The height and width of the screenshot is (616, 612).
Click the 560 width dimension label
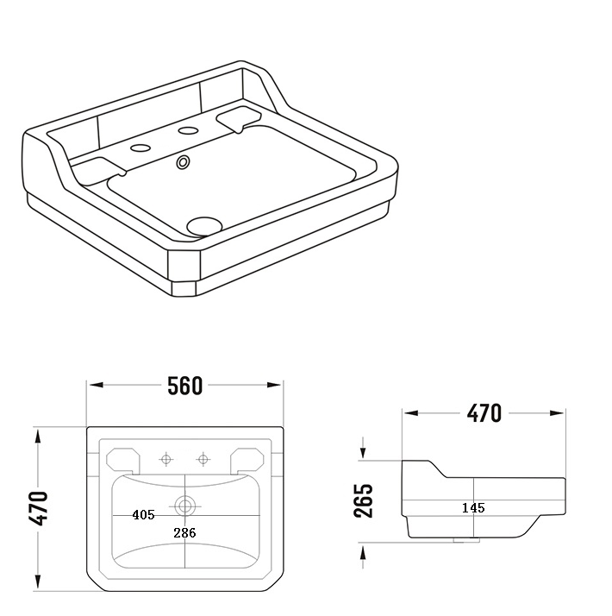[184, 386]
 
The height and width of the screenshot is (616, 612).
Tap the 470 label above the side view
[484, 413]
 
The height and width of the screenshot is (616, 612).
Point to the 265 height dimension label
[364, 500]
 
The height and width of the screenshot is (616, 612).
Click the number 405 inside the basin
[143, 515]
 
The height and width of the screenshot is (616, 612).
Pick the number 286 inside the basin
[184, 533]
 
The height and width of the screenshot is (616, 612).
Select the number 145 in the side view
[473, 508]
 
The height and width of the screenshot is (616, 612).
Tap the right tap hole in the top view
[204, 458]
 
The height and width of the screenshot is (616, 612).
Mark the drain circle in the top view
[185, 503]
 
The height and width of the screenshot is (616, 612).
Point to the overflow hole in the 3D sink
[183, 161]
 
